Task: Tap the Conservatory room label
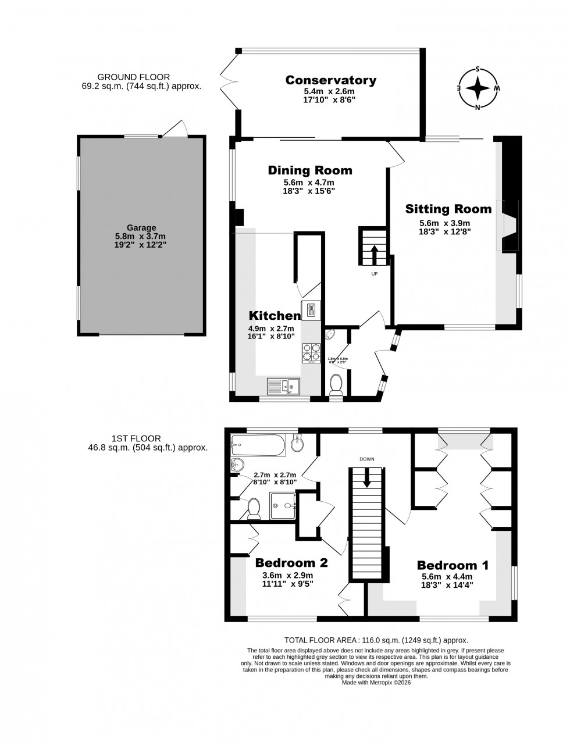(x=330, y=80)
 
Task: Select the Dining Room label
(x=309, y=170)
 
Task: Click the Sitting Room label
(x=448, y=209)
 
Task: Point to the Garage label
(x=141, y=228)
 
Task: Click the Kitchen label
(x=275, y=316)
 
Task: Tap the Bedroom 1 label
(x=453, y=565)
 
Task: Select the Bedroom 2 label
(x=291, y=563)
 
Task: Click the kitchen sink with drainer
(x=283, y=386)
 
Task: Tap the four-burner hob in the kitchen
(x=311, y=353)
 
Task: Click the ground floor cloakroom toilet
(x=336, y=386)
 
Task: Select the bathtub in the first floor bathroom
(x=258, y=446)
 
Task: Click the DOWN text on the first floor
(x=366, y=459)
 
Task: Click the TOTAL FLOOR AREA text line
(x=376, y=640)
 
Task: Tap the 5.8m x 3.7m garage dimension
(x=141, y=237)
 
